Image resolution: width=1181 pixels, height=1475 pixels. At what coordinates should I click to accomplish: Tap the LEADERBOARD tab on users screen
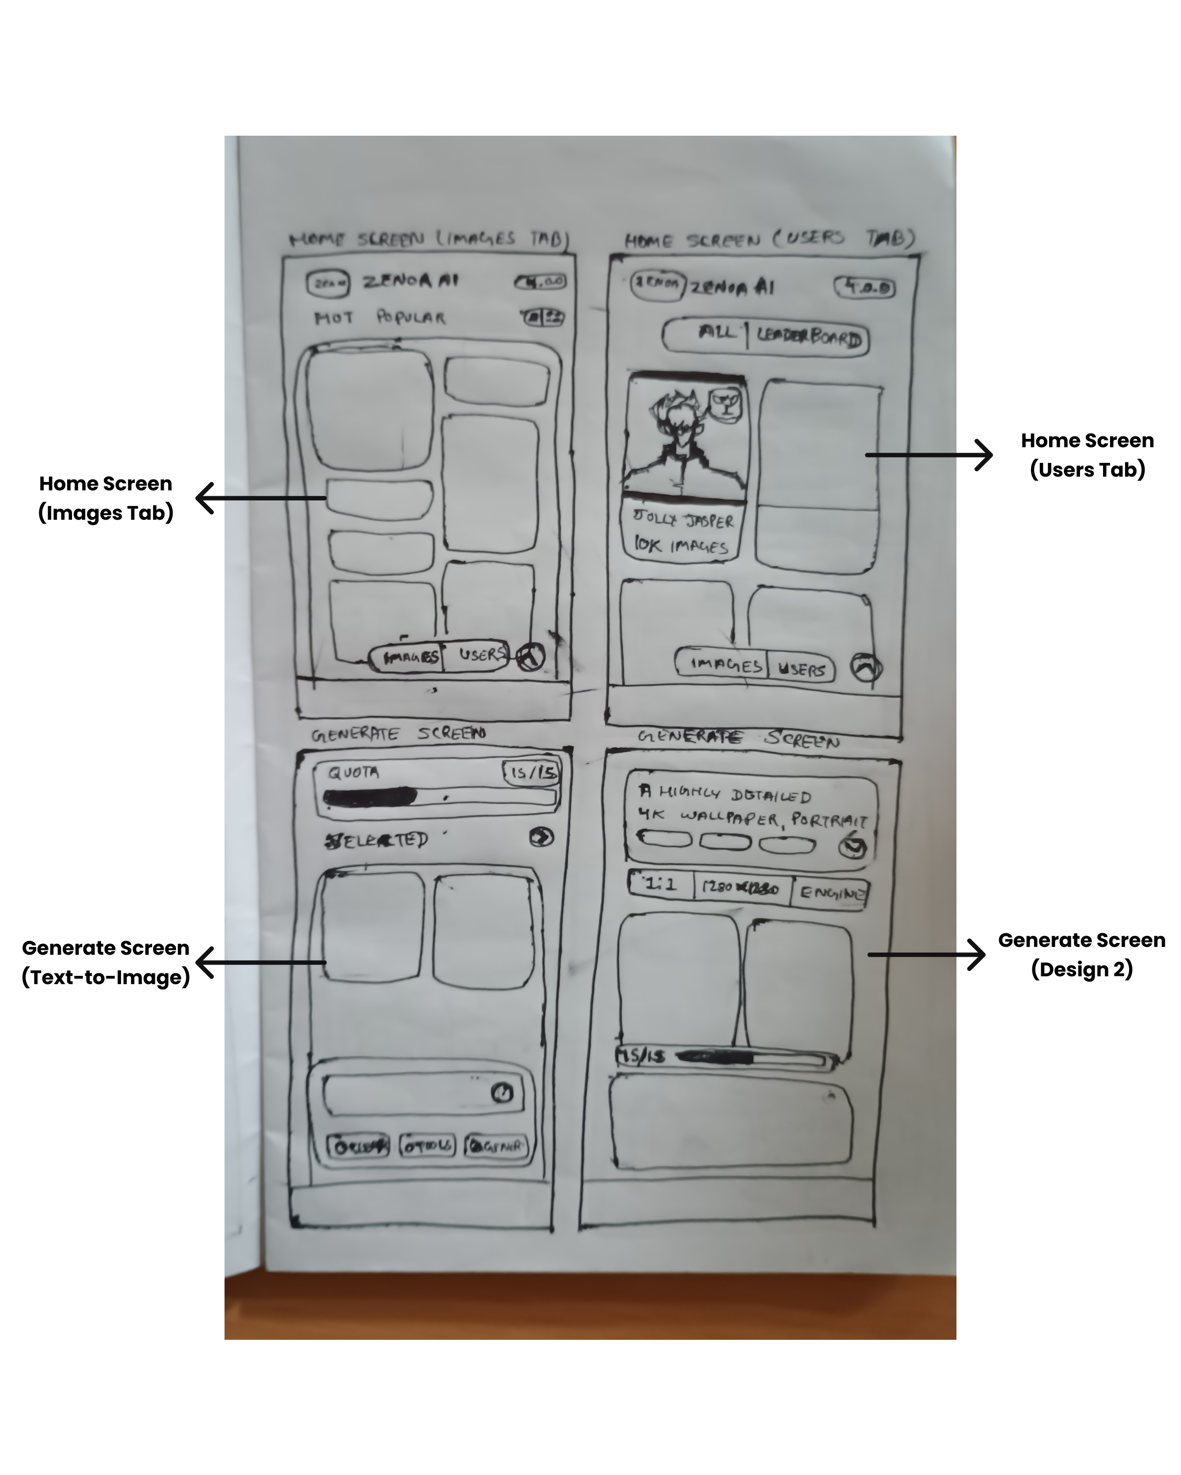[808, 338]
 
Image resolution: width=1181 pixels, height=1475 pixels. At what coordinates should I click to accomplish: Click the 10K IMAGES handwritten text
[680, 545]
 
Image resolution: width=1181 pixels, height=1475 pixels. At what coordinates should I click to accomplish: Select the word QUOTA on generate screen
[353, 773]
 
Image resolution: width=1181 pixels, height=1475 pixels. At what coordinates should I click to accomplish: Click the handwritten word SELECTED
[377, 840]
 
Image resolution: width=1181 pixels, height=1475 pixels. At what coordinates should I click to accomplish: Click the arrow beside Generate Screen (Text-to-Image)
[261, 963]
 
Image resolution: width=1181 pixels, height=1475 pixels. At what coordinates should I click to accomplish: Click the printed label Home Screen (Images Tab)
[105, 498]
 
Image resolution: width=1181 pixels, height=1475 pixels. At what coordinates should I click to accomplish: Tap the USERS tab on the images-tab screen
[481, 655]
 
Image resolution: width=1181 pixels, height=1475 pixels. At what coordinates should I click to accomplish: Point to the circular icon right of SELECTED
[542, 837]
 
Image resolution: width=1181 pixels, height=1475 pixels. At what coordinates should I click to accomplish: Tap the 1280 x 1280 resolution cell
[741, 888]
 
